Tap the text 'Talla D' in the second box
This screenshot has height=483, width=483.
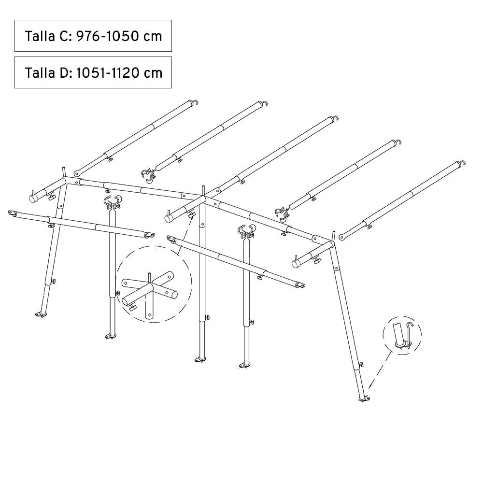click(48, 73)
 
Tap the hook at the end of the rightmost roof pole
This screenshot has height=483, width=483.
click(462, 163)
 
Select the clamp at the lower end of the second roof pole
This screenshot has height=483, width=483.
click(148, 174)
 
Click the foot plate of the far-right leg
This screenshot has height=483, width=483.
click(364, 399)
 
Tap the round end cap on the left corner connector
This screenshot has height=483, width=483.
click(33, 198)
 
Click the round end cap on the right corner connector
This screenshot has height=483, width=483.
click(296, 263)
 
